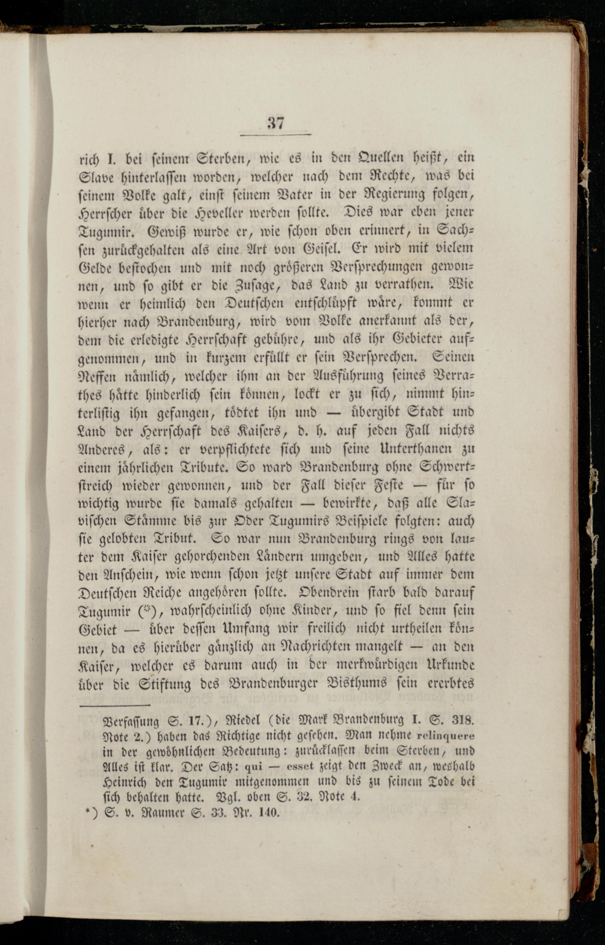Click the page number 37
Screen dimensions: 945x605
[x=275, y=123]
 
